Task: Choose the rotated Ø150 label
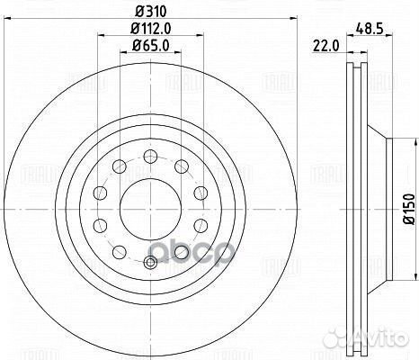tap(406, 206)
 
